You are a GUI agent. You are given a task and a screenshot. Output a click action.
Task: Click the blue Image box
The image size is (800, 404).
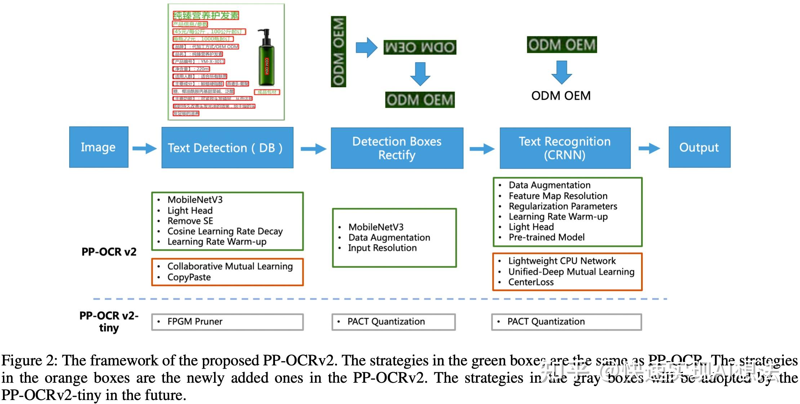(99, 147)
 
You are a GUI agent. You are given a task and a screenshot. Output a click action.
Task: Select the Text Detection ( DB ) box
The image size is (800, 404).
(227, 148)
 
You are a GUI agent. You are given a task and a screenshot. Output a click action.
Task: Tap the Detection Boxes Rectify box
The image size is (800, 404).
(397, 148)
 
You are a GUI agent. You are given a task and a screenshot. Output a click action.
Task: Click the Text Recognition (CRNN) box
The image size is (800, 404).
(565, 148)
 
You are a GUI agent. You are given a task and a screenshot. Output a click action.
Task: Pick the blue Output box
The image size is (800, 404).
(699, 147)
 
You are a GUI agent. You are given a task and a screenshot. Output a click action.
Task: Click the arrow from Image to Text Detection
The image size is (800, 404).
(145, 148)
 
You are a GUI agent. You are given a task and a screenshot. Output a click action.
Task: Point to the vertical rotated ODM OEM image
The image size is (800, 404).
(338, 52)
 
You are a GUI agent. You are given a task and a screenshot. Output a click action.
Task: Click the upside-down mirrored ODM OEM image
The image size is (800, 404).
(420, 47)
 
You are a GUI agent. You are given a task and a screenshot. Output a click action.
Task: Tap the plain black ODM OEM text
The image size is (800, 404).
(561, 96)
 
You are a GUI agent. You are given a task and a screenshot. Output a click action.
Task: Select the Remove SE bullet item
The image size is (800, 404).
(190, 221)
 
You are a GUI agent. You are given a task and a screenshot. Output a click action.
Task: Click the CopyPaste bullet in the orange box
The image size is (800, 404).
(189, 277)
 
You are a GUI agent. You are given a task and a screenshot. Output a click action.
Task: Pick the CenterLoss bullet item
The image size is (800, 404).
(530, 282)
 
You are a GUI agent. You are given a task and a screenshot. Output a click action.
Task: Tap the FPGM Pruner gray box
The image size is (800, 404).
(227, 322)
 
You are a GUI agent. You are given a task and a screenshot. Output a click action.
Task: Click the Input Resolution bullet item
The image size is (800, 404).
(382, 248)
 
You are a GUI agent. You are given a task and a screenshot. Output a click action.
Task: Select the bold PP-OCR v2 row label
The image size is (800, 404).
(109, 252)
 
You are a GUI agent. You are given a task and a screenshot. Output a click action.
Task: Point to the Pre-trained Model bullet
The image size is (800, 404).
(546, 237)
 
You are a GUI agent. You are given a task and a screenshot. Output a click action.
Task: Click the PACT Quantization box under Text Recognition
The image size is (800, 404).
(566, 322)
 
